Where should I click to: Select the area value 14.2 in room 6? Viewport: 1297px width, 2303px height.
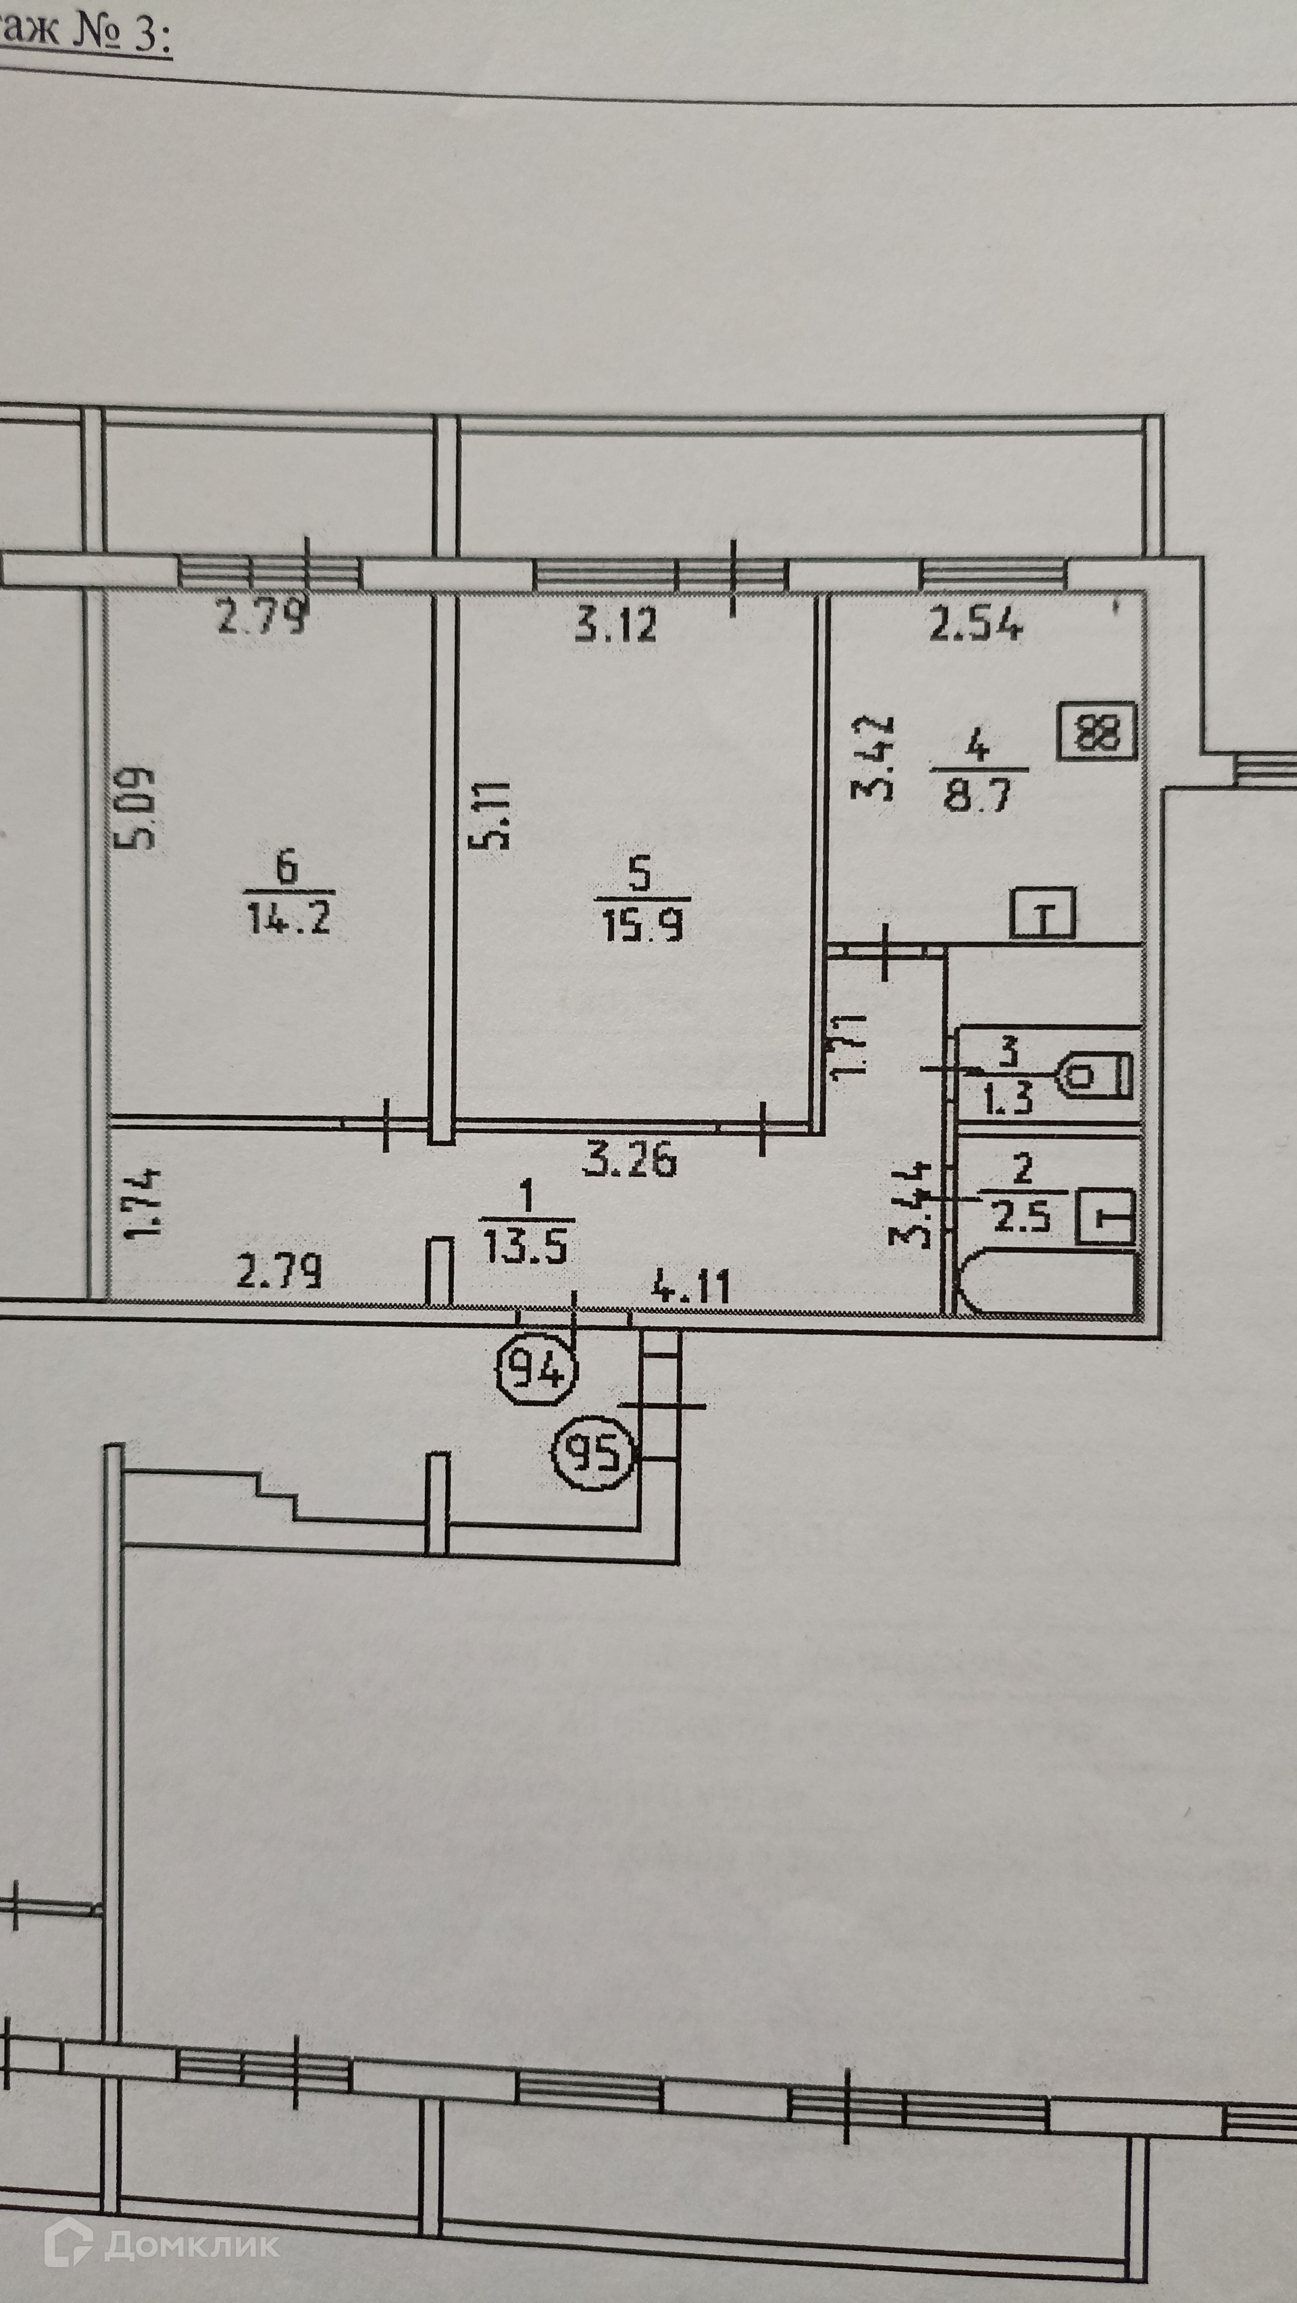(288, 918)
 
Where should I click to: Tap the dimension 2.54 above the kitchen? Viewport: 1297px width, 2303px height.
(975, 625)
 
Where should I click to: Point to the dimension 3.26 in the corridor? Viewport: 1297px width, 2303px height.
(630, 1161)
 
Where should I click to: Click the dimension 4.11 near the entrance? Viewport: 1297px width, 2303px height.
(691, 1288)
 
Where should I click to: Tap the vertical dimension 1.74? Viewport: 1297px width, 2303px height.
(144, 1203)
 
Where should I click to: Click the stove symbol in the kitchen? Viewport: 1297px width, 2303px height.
(1097, 732)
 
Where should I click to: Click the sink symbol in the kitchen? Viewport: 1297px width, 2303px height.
(1043, 913)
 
